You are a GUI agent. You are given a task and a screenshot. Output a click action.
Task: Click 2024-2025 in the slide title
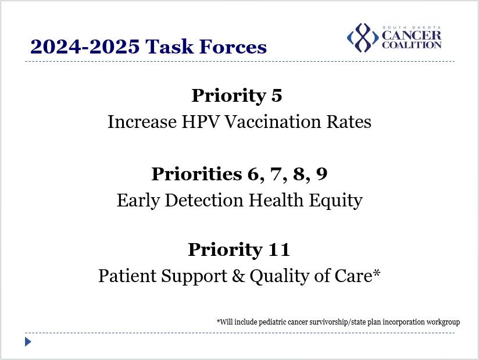pos(85,47)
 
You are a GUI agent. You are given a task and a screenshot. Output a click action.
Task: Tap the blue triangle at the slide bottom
pos(28,341)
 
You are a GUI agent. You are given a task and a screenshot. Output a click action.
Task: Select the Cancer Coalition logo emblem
pos(363,38)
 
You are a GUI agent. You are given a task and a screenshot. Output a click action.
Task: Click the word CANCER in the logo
pos(412,35)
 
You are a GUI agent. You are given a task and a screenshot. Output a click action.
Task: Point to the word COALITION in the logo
pos(412,45)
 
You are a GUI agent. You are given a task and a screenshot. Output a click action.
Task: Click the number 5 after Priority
pos(277,95)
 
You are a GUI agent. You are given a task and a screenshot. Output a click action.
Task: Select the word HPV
pos(201,122)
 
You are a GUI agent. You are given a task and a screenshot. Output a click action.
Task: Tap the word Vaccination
pos(273,122)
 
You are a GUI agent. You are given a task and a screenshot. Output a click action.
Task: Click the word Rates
pos(349,122)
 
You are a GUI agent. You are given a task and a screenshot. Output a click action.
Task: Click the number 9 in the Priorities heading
pos(321,174)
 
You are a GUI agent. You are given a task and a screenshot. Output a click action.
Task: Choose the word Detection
pos(204,200)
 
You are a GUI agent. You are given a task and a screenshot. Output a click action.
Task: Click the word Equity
pos(335,201)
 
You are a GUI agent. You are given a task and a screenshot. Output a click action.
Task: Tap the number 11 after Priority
pos(278,249)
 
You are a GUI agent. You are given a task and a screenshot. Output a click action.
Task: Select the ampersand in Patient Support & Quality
pos(238,276)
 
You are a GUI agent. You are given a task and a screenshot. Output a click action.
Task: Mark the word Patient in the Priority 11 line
pos(128,276)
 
